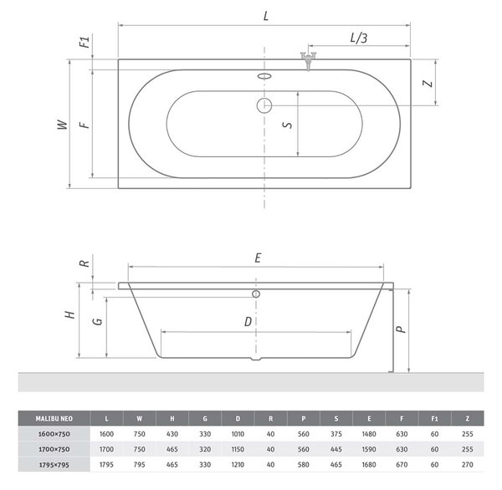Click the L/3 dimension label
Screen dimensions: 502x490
(359, 38)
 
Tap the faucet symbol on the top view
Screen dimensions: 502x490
(308, 61)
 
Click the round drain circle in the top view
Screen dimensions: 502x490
(264, 105)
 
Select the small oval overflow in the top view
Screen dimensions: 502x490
(264, 76)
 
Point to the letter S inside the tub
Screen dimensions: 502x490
(288, 125)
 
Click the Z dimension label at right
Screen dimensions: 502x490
(427, 84)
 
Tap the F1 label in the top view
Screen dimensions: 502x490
(85, 42)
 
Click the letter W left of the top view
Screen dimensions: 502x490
(63, 125)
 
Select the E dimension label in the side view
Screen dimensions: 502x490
(258, 258)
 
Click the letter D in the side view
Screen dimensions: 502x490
(248, 322)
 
